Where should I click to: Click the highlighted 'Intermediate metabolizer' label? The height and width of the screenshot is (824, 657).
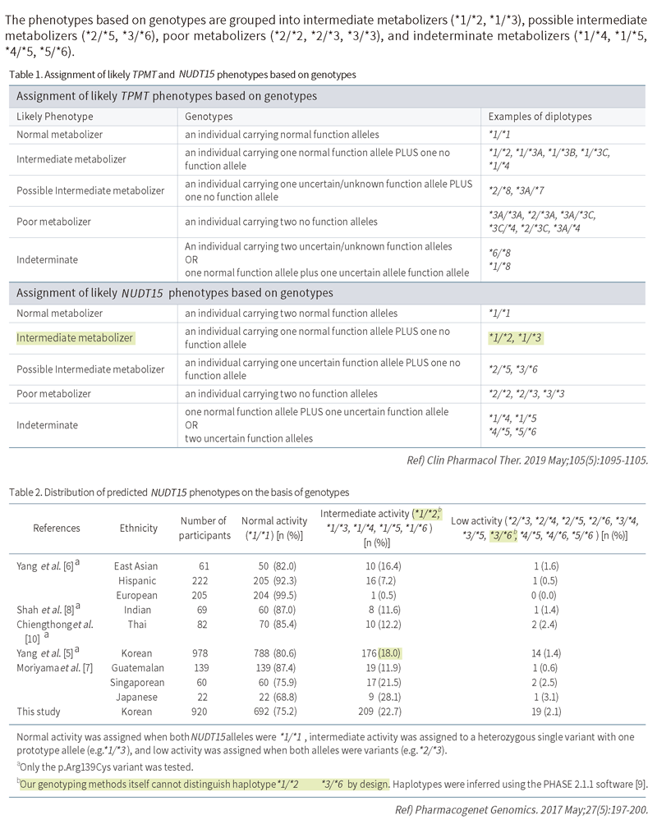pyautogui.click(x=76, y=337)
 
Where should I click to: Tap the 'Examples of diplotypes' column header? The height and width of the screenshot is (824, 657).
pyautogui.click(x=536, y=117)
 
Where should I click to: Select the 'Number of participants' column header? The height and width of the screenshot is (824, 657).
pyautogui.click(x=202, y=528)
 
